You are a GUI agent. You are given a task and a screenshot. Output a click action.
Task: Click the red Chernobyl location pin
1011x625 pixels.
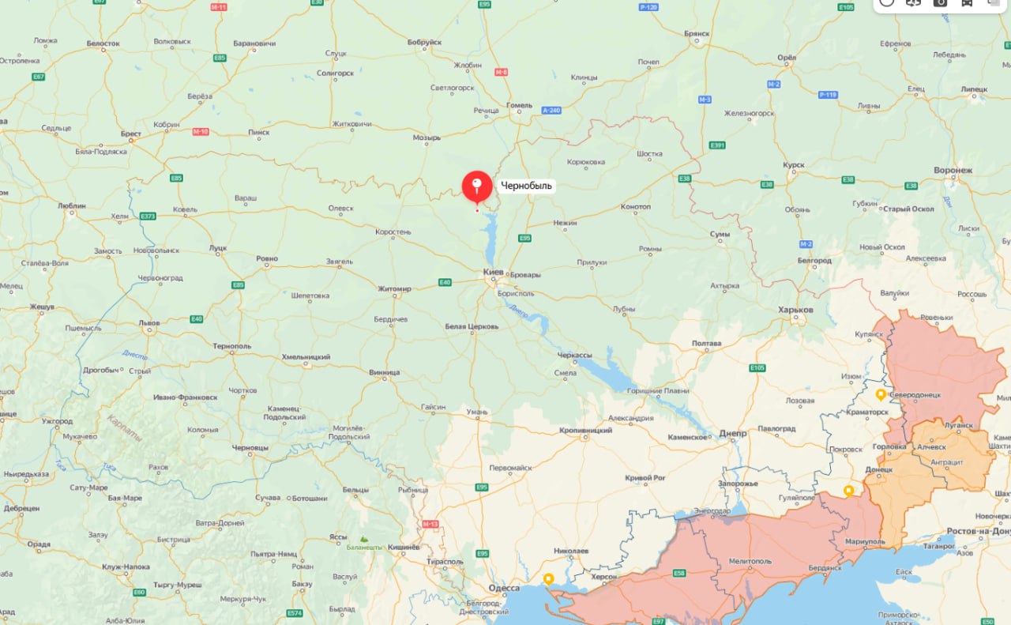coord(477,186)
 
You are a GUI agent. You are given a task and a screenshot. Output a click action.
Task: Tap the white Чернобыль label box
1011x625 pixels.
coord(526,186)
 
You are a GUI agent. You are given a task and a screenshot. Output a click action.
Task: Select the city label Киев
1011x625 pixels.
coord(493,273)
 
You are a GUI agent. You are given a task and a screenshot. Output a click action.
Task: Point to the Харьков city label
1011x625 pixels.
coord(795,310)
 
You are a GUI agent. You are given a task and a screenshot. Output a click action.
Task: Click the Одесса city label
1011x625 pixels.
coord(504,588)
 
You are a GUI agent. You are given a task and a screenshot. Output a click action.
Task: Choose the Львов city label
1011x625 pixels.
coord(148,323)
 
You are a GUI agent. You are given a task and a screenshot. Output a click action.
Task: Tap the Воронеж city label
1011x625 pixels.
coord(953,170)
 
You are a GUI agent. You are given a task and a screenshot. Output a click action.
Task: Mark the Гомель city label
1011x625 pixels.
coord(520,105)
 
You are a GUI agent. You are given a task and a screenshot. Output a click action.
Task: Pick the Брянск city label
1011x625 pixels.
coord(697,34)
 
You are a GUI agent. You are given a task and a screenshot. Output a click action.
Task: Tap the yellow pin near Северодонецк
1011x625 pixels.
coord(881,393)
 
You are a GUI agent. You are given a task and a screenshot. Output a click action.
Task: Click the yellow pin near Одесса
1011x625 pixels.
coord(548,578)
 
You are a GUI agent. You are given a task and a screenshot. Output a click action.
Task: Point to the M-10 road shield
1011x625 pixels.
coord(201,131)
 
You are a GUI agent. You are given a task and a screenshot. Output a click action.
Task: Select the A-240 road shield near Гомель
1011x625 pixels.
coord(551,110)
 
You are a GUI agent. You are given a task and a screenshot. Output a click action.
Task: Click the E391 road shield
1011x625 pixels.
coord(717,145)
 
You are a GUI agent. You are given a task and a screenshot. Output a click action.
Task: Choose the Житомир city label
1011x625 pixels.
coord(394,289)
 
